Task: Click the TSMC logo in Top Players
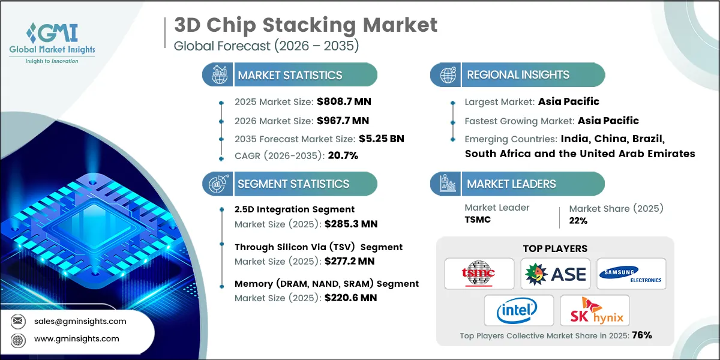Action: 479,274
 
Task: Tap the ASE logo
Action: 555,274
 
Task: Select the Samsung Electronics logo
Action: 631,274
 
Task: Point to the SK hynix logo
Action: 594,311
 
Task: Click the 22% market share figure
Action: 578,220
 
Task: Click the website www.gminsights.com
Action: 77,339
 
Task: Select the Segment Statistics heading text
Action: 293,184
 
